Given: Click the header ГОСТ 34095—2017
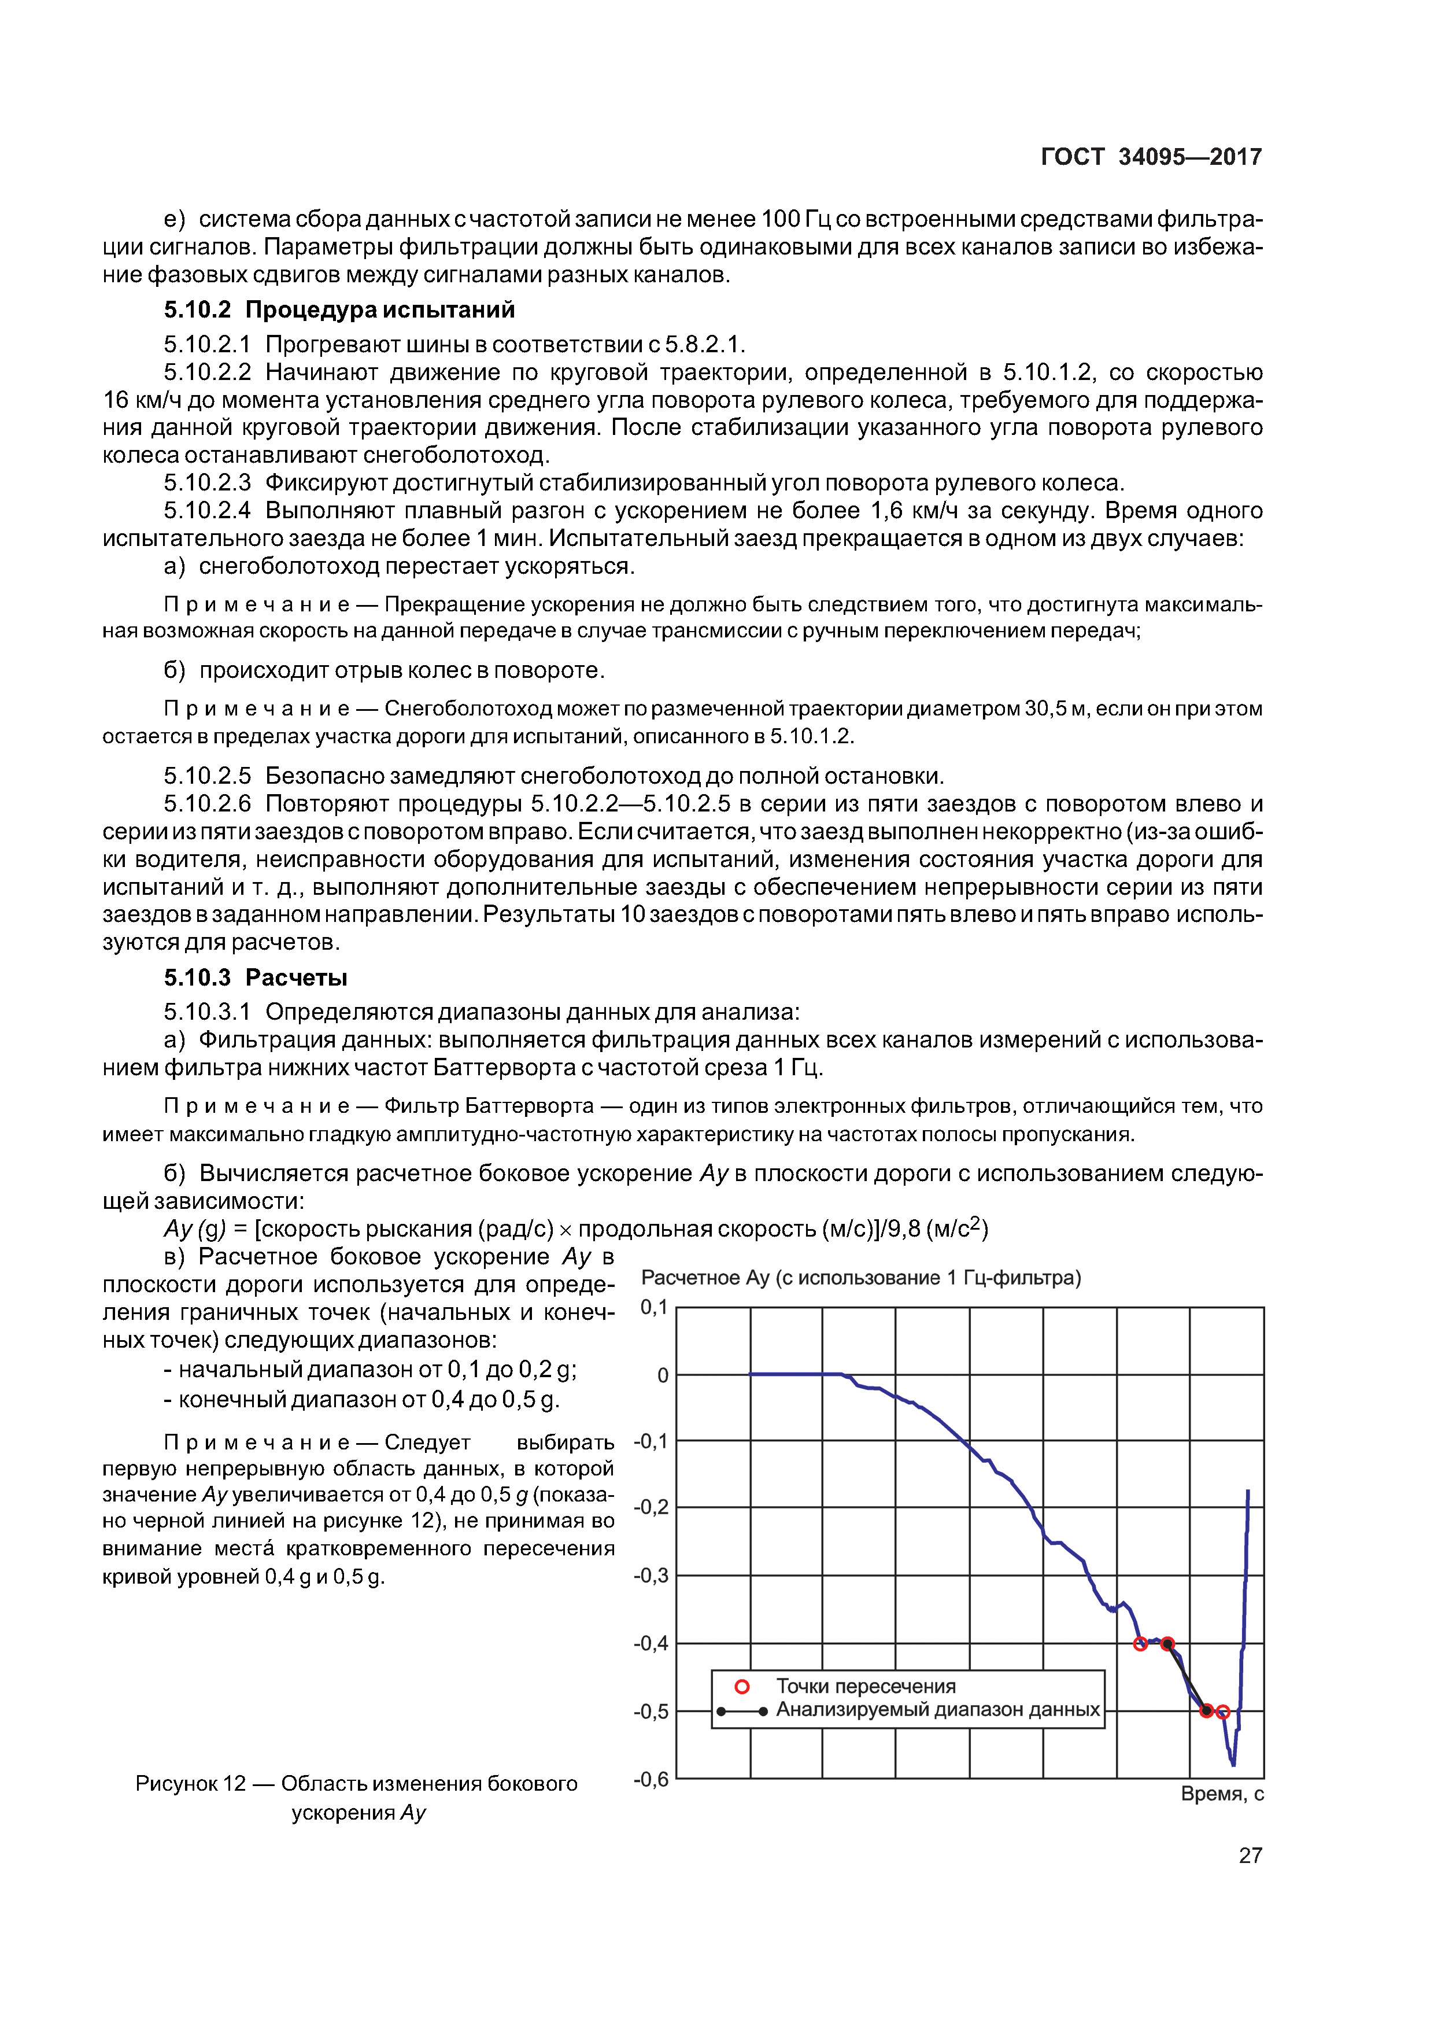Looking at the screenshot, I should (1151, 157).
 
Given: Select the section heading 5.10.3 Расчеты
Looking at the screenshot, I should (256, 977).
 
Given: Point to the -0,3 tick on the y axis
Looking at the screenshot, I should (651, 1576).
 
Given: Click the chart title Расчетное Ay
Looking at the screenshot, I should (860, 1278).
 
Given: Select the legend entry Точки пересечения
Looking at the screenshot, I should (865, 1686).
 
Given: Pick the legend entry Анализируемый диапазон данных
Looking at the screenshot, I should (937, 1710).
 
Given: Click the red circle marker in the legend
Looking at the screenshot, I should (742, 1687).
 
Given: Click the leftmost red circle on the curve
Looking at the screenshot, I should (1140, 1644).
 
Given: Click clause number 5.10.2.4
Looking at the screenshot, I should (208, 511).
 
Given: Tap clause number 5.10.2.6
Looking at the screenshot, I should (208, 804).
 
